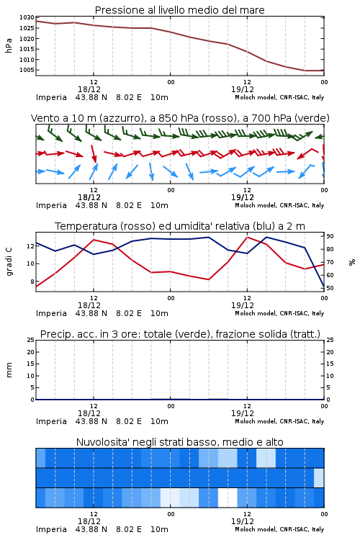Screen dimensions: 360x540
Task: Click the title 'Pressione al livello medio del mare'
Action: click(179, 10)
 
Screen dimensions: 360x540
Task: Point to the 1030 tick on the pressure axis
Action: click(27, 17)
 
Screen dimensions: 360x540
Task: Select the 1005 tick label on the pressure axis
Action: click(27, 70)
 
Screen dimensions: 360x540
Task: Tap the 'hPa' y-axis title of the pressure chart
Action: click(9, 45)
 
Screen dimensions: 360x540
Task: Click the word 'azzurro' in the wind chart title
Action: click(121, 118)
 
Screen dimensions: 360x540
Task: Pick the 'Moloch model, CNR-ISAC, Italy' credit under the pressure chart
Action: click(279, 97)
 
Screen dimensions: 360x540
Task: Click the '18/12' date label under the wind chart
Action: click(89, 197)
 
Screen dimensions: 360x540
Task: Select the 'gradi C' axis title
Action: click(9, 261)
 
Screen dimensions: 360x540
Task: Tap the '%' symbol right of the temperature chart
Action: click(352, 262)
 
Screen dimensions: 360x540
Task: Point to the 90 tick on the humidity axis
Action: click(330, 236)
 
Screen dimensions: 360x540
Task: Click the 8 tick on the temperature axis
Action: click(32, 282)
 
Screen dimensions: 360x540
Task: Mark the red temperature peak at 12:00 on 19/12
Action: click(247, 238)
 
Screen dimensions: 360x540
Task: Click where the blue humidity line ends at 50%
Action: click(323, 287)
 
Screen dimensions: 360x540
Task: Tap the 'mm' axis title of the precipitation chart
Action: click(9, 369)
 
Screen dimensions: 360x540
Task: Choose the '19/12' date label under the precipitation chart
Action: click(243, 413)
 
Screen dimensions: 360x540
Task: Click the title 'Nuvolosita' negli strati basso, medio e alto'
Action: click(179, 442)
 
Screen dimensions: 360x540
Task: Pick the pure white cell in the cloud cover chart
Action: click(228, 498)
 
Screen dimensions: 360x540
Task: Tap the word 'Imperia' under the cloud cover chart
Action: click(51, 529)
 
